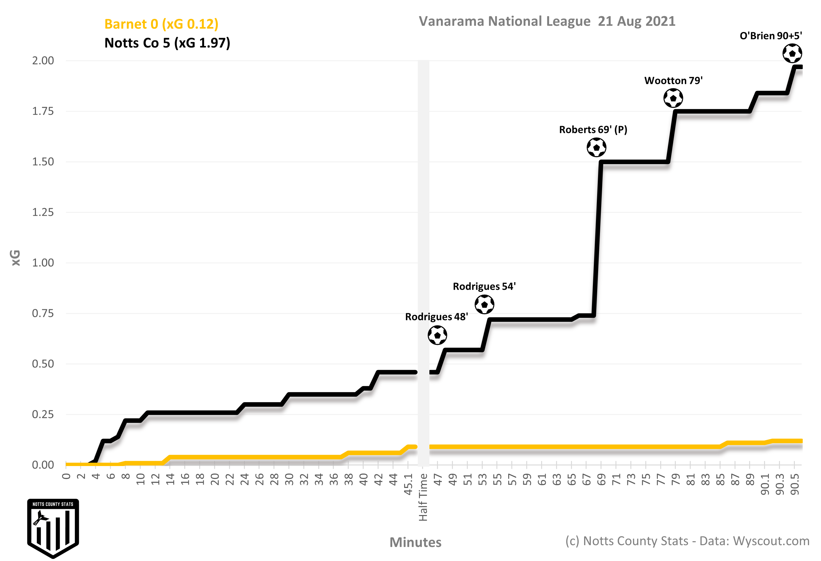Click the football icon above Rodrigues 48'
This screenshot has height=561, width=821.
(437, 335)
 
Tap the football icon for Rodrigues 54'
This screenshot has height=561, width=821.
(484, 304)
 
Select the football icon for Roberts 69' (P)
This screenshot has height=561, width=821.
(597, 147)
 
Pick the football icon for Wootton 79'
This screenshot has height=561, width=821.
(673, 98)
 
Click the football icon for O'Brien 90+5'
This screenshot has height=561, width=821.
(792, 54)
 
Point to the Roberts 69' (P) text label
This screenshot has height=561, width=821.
(593, 130)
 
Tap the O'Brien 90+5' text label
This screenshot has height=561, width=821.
(771, 36)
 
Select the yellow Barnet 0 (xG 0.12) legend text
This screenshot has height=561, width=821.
(161, 24)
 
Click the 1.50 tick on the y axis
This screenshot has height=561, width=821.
(43, 162)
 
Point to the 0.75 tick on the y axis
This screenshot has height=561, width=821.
(43, 313)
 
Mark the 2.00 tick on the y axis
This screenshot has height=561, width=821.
(43, 61)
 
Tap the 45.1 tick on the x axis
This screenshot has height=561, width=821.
(408, 484)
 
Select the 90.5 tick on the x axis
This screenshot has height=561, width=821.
(795, 484)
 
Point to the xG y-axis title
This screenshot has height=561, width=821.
(16, 258)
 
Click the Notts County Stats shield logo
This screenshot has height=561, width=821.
(53, 528)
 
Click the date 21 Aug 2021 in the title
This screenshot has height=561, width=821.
(636, 22)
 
